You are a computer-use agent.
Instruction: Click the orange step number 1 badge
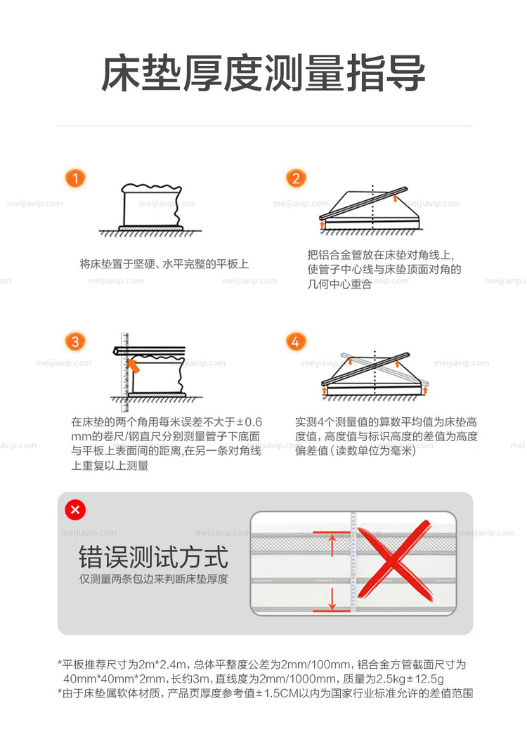[x=75, y=178]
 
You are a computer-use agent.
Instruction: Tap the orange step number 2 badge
[x=296, y=178]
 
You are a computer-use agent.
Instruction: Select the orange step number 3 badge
[x=75, y=341]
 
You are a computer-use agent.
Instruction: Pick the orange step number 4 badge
[x=296, y=341]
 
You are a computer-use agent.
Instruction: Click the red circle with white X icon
[x=75, y=509]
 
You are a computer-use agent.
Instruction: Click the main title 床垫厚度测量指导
[x=263, y=73]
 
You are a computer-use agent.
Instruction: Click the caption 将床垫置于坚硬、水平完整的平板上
[x=164, y=263]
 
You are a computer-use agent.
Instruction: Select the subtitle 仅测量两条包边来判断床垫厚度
[x=153, y=579]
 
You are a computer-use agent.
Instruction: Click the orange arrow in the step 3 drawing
[x=133, y=365]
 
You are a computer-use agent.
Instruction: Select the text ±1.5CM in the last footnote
[x=277, y=693]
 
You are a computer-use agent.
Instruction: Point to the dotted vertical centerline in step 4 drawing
[x=375, y=374]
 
